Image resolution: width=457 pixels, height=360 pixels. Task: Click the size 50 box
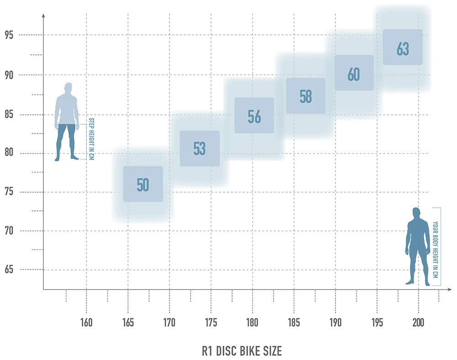pyautogui.click(x=143, y=184)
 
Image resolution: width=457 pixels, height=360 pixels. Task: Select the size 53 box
pyautogui.click(x=200, y=149)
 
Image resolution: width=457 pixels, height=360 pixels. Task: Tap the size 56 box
pyautogui.click(x=254, y=116)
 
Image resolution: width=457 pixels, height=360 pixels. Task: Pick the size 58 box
pyautogui.click(x=306, y=96)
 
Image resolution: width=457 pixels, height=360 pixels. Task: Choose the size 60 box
pyautogui.click(x=354, y=73)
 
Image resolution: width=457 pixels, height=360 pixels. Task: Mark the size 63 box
pyautogui.click(x=403, y=48)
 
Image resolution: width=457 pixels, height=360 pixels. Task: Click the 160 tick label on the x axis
pyautogui.click(x=86, y=322)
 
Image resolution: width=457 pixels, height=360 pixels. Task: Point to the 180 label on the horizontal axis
pyautogui.click(x=252, y=322)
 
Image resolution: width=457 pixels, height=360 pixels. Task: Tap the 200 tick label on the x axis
pyautogui.click(x=418, y=322)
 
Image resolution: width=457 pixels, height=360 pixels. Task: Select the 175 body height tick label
pyautogui.click(x=211, y=322)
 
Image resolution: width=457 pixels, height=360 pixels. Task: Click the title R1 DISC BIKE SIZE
pyautogui.click(x=242, y=351)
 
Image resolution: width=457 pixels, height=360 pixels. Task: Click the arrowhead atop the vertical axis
pyautogui.click(x=43, y=16)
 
